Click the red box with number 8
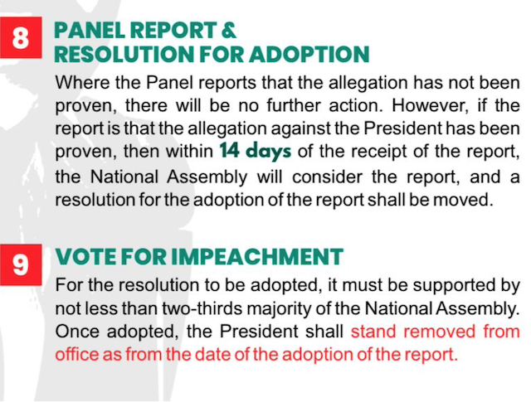pyautogui.click(x=21, y=37)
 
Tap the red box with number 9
pyautogui.click(x=21, y=264)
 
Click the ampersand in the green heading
pyautogui.click(x=229, y=30)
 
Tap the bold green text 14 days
pyautogui.click(x=256, y=151)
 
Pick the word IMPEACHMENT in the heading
pyautogui.click(x=257, y=257)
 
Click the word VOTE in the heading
pyautogui.click(x=85, y=257)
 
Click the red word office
pyautogui.click(x=76, y=354)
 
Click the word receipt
pyautogui.click(x=379, y=152)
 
